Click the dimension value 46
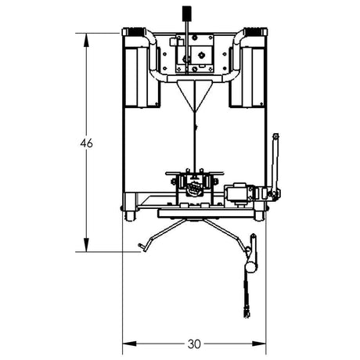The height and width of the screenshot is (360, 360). tap(87, 143)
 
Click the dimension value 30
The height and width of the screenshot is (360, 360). tap(194, 344)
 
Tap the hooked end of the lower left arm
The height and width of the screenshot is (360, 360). tap(142, 248)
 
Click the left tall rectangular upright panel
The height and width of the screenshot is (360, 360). tap(141, 74)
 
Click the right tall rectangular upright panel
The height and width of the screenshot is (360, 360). tap(249, 74)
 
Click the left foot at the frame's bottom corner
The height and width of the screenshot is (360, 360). tap(128, 212)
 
